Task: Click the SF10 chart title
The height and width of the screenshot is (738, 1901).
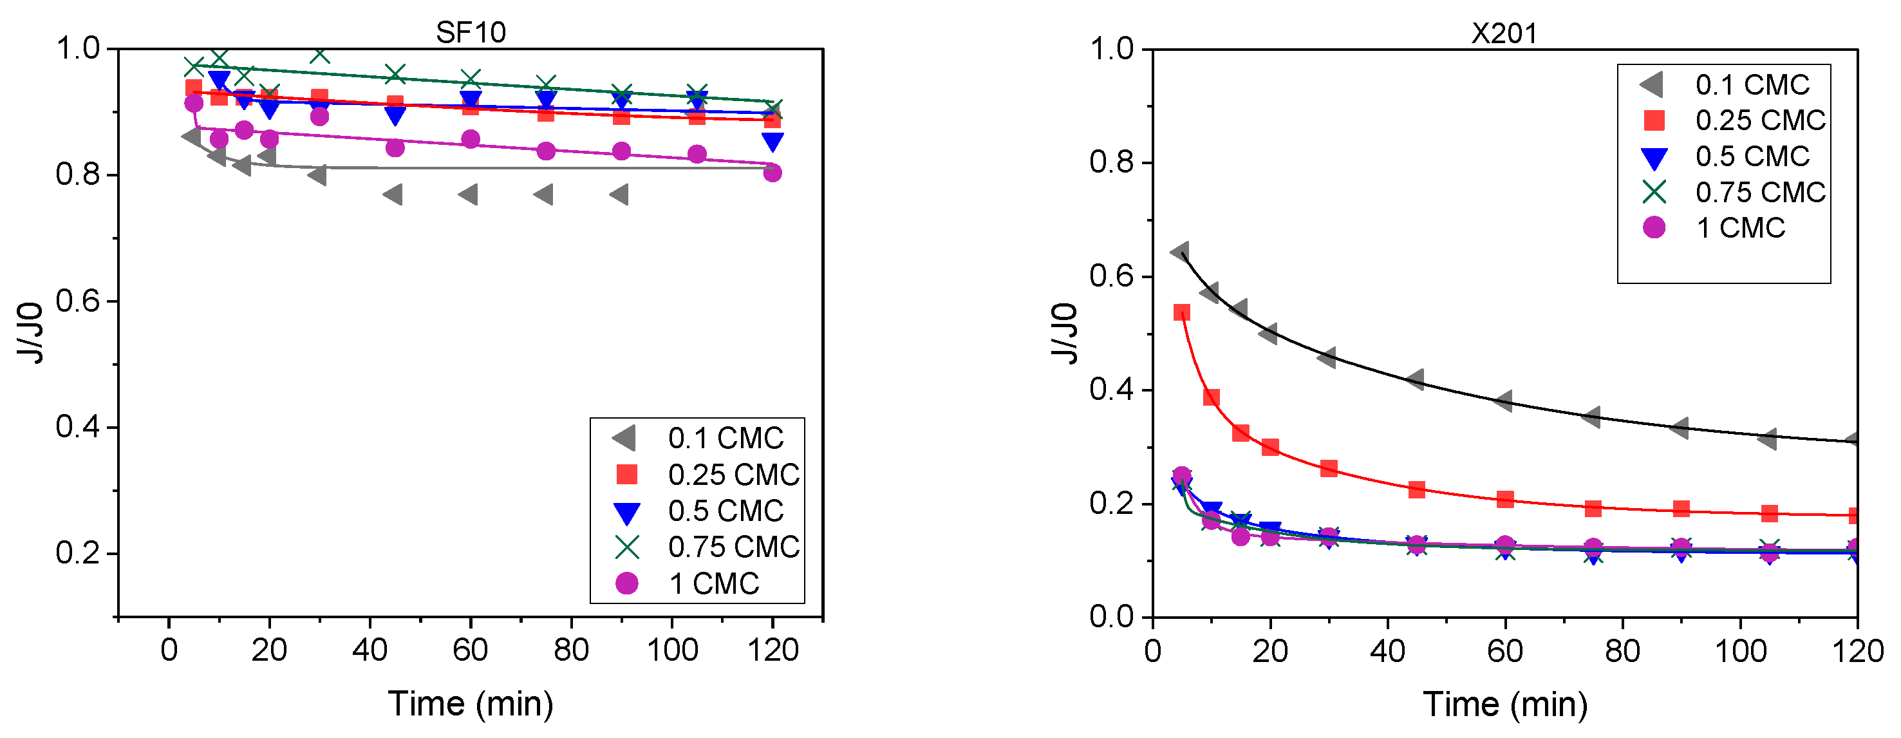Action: coord(471,32)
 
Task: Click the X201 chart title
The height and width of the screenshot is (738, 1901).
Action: coord(1504,33)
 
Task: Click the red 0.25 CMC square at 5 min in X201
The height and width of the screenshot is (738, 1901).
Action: coord(1181,313)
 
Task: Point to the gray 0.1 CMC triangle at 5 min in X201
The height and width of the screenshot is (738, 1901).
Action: coord(1180,252)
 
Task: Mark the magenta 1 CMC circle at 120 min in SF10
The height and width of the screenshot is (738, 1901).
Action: coord(773,173)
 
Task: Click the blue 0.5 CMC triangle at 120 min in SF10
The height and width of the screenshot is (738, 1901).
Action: coord(773,142)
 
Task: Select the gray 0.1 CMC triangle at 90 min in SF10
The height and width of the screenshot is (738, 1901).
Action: coord(619,195)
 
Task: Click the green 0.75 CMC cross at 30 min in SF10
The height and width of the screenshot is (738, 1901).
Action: coord(319,54)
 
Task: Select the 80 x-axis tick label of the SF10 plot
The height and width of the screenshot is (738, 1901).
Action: coord(571,650)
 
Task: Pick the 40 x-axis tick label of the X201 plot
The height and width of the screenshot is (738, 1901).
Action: coord(1387,651)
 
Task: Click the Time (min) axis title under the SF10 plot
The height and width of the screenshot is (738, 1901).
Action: coord(471,703)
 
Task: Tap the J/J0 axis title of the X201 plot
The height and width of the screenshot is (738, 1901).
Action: coord(1065,333)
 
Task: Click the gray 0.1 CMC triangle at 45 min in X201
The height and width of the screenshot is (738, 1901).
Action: coord(1416,380)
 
